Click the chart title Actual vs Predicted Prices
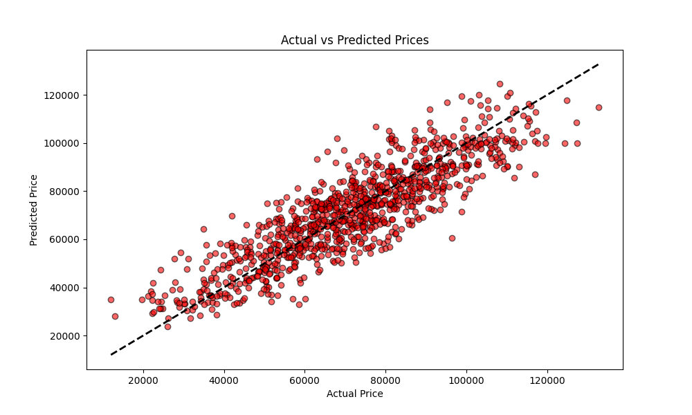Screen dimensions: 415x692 point(354,40)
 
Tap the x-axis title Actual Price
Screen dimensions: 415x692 point(354,394)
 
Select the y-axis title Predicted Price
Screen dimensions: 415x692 point(34,210)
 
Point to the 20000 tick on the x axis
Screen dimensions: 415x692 point(143,380)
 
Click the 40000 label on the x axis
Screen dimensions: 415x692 point(224,380)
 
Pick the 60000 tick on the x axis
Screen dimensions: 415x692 point(305,380)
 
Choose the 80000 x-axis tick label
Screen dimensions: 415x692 point(385,380)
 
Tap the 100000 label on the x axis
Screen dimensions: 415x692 point(466,380)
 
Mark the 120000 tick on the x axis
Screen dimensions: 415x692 point(547,380)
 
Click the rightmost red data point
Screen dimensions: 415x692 point(599,107)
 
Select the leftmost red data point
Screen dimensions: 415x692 point(111,299)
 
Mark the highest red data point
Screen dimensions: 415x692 point(500,84)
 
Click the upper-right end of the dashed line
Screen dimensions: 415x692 point(599,64)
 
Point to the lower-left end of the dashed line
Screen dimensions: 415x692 point(111,355)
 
